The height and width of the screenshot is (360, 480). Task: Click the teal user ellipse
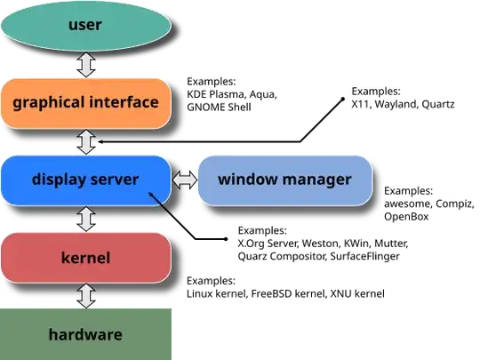[x=85, y=25]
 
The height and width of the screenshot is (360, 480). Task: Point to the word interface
[x=124, y=102]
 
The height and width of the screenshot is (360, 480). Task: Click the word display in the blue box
[x=58, y=180]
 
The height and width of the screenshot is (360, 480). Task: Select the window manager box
[x=284, y=180]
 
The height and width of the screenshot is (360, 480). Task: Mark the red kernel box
[x=85, y=258]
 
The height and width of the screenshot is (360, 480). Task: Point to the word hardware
[x=85, y=335]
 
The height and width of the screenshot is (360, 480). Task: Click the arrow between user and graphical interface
[x=86, y=64]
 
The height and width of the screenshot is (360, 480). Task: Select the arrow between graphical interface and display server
[x=86, y=141]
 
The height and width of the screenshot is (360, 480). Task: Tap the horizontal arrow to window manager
[x=184, y=180]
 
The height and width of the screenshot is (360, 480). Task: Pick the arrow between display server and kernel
[x=86, y=219]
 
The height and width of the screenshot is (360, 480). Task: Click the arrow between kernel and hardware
[x=86, y=295]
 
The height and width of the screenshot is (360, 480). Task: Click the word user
[x=85, y=24]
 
